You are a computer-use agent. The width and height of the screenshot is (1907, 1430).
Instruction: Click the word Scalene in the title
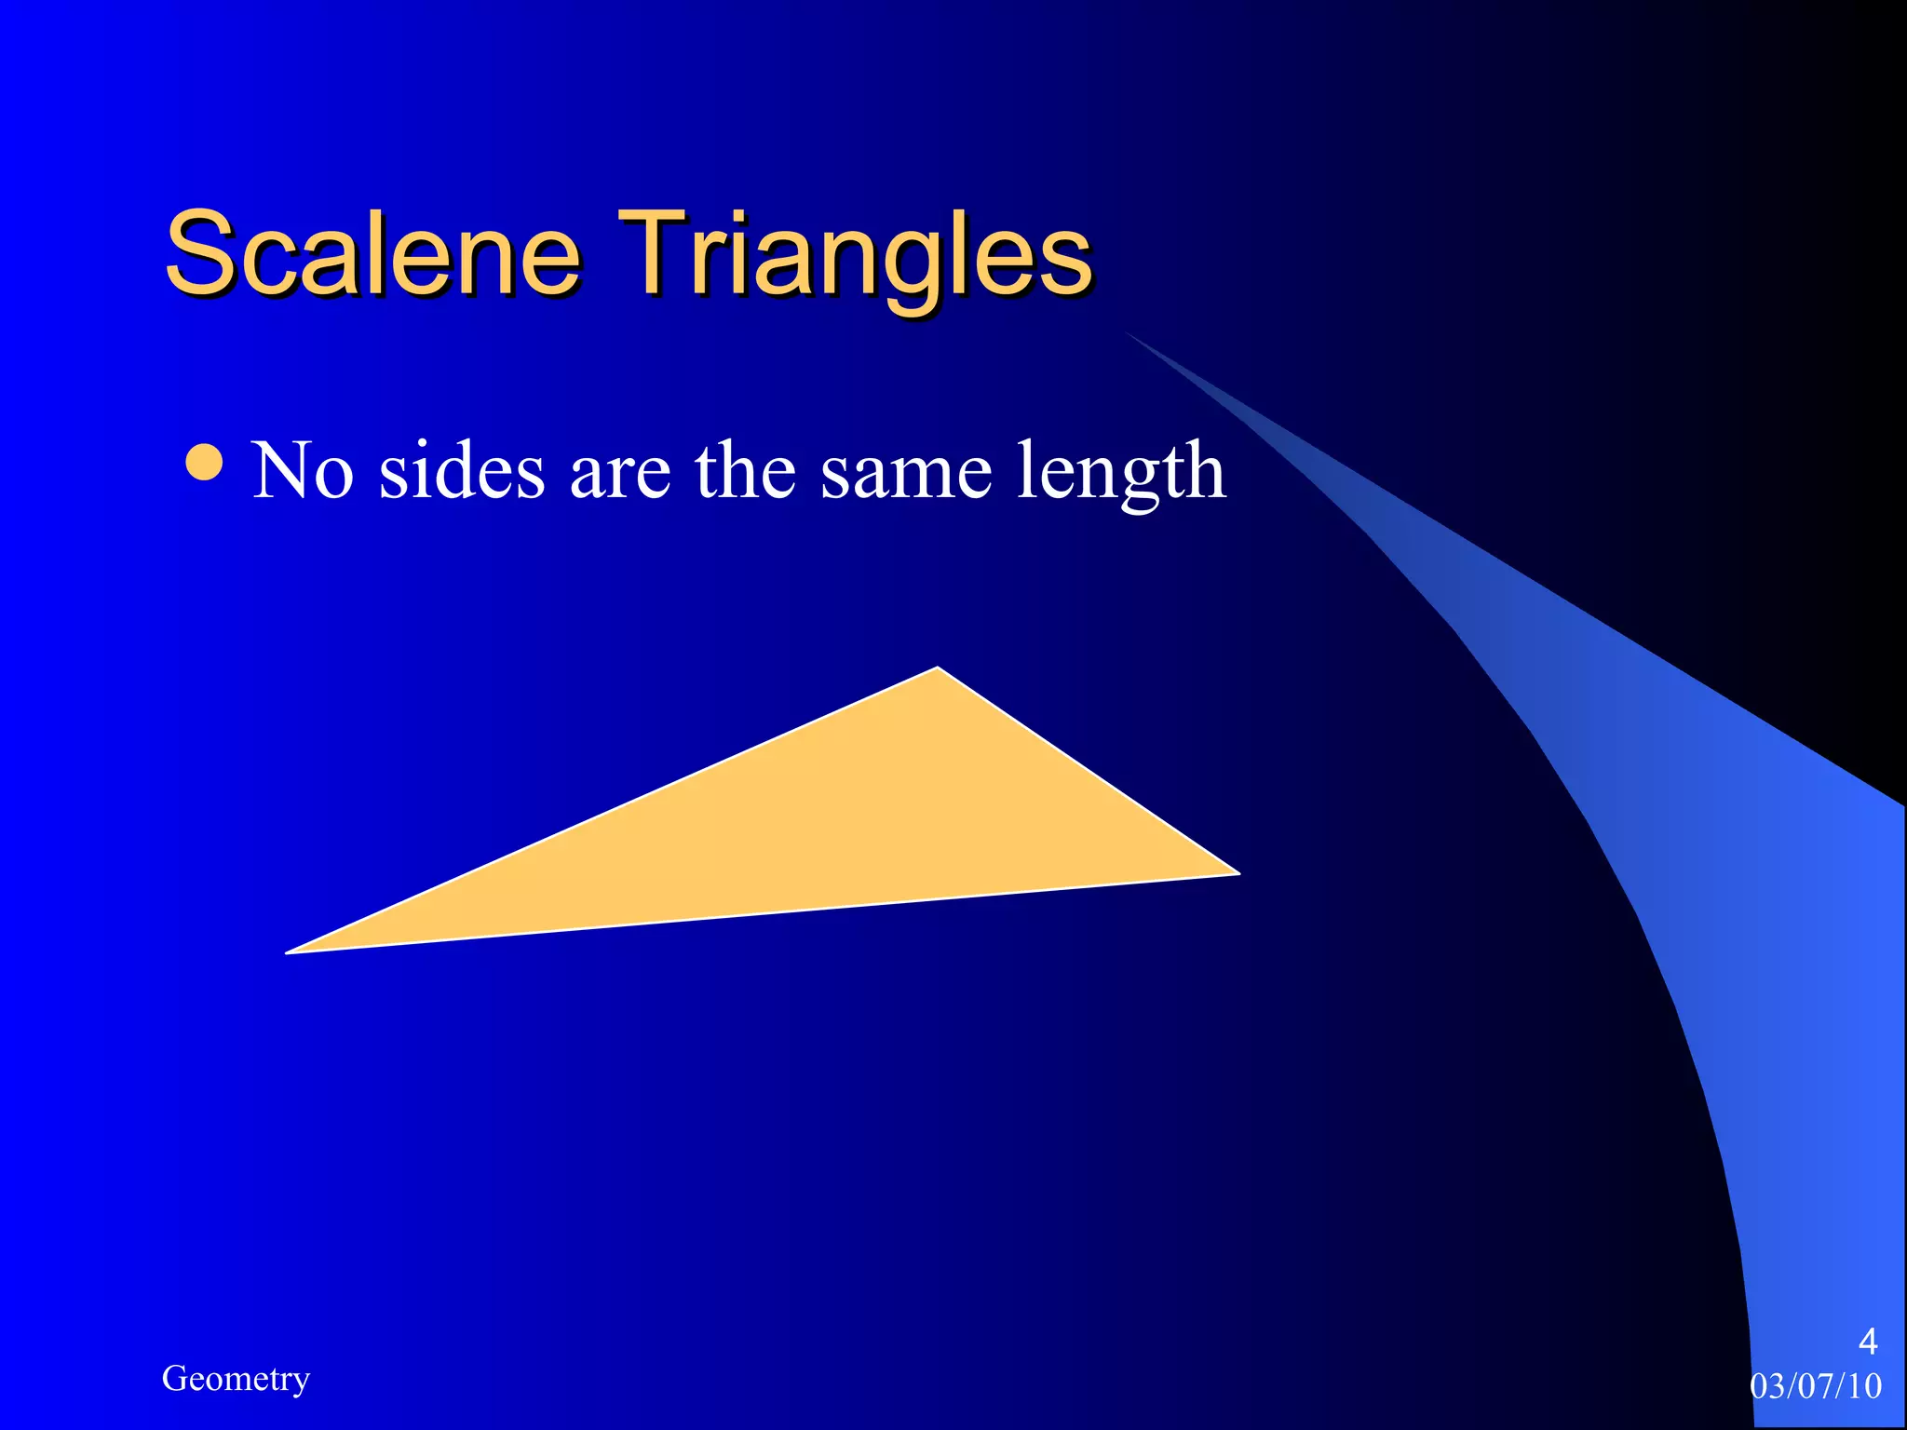372,253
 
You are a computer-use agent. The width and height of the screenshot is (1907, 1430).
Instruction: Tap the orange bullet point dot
204,463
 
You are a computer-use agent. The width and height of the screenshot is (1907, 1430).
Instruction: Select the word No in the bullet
303,471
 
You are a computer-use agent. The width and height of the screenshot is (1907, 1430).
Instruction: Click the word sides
462,471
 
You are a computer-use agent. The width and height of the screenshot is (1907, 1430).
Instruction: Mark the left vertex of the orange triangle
288,951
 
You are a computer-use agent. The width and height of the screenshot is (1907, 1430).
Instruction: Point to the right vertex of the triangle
1238,873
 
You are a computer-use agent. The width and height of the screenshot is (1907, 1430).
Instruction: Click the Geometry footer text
236,1379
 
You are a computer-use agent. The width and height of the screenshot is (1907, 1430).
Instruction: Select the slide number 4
1867,1342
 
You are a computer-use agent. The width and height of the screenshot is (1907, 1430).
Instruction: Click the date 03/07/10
1816,1386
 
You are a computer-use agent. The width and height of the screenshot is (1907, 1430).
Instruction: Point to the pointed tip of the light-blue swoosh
1129,332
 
